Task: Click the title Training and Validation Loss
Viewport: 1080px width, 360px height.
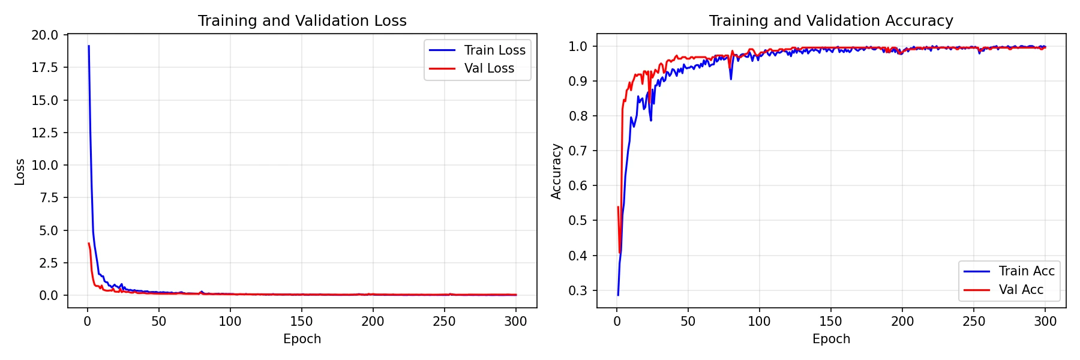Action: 302,21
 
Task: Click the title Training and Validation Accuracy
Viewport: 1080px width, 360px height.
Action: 831,21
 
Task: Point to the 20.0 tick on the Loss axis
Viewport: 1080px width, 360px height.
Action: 45,35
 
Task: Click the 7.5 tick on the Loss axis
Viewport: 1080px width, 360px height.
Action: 49,198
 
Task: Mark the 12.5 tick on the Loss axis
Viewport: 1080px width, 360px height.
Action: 45,133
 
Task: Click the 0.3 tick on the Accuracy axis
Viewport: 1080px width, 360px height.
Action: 578,291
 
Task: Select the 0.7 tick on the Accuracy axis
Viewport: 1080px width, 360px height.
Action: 578,151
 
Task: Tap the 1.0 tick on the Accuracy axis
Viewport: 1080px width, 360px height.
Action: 578,47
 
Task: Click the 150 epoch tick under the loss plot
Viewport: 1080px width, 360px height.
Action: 301,322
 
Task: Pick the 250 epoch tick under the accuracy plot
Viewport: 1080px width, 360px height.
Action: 974,322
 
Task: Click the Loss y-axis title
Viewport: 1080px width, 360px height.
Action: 20,172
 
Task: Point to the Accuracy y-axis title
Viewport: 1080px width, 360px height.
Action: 556,172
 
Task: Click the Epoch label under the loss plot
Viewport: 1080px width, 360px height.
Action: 302,339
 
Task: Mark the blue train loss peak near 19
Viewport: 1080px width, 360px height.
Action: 89,46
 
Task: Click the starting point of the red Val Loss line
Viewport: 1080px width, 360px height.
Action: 89,244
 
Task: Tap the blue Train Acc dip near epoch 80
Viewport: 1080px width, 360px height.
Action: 731,79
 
